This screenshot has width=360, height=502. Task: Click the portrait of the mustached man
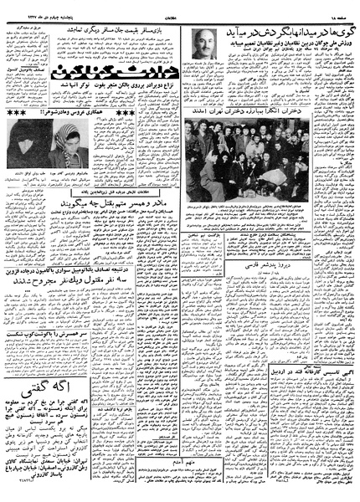point(203,42)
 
